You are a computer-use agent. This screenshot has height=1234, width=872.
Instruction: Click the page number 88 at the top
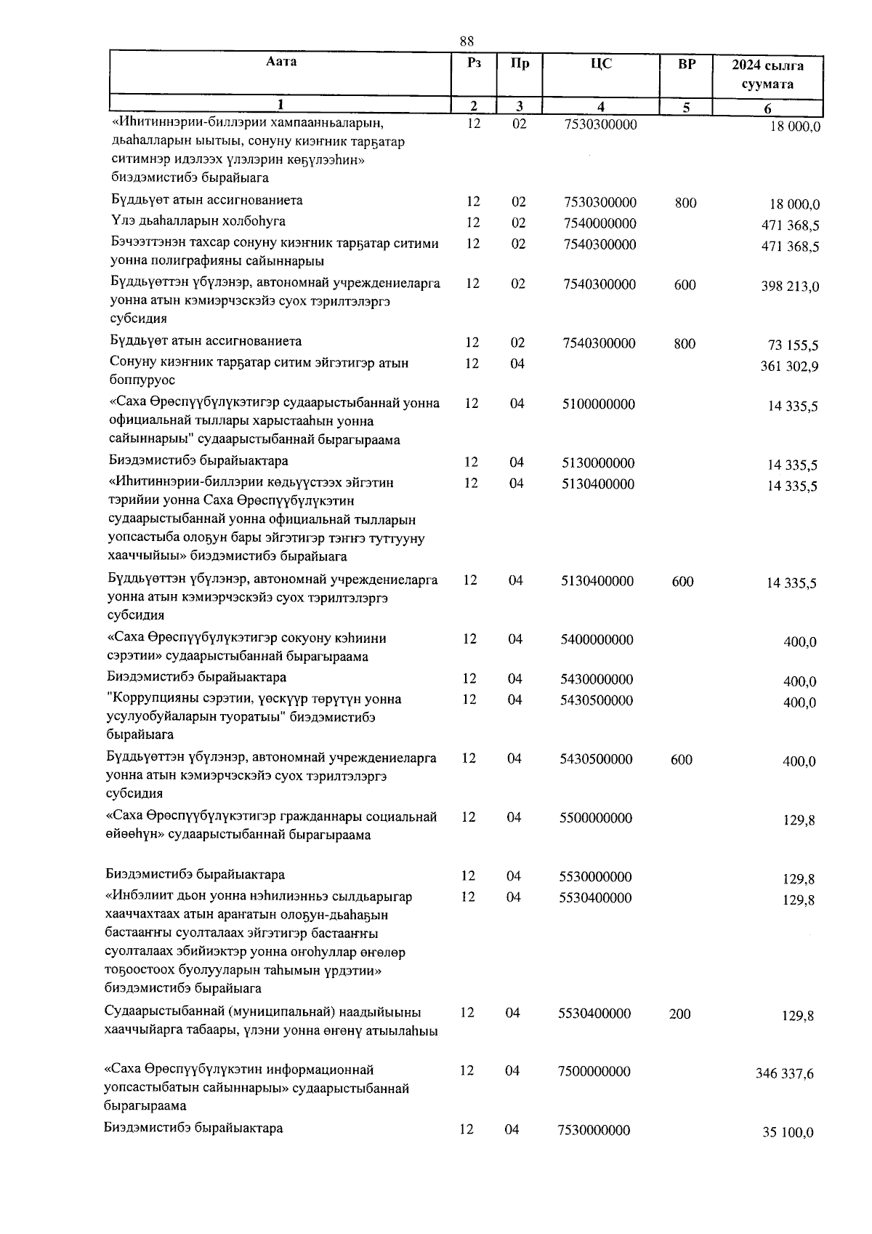(x=468, y=41)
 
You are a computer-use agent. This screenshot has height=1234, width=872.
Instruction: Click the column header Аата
(x=281, y=63)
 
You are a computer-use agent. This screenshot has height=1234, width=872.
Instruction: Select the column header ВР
(x=686, y=64)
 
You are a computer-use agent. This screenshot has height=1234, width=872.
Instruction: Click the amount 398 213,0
(x=790, y=287)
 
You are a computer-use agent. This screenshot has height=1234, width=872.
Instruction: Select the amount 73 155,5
(x=794, y=345)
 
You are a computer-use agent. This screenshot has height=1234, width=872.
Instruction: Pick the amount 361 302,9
(x=789, y=366)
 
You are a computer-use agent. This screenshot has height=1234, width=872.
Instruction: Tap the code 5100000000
(x=598, y=404)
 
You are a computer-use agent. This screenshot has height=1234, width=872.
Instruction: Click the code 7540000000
(x=600, y=223)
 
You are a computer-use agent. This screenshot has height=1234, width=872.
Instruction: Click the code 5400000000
(x=597, y=640)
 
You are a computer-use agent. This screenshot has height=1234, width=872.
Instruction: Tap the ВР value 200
(x=680, y=1014)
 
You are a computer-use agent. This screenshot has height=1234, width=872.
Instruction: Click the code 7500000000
(x=594, y=1071)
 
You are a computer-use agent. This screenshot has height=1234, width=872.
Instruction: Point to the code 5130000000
(x=598, y=463)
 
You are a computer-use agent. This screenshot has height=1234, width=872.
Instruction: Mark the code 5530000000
(x=596, y=877)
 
